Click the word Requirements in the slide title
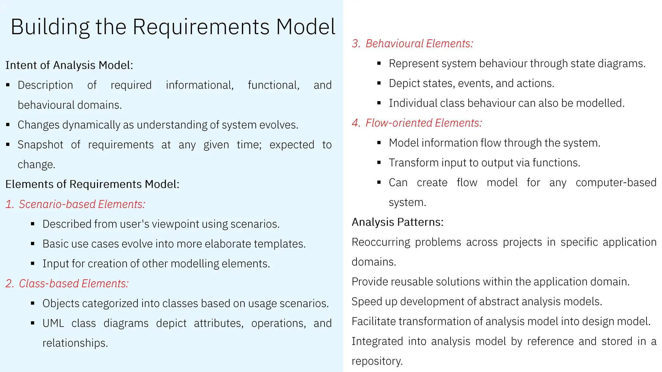coord(201,27)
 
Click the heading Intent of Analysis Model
coord(69,65)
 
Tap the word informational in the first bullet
coord(199,85)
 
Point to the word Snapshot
coord(40,145)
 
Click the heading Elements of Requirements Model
coord(92,184)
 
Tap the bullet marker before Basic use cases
coord(33,244)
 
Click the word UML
coord(53,323)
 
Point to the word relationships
coord(75,343)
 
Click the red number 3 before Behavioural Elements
coord(356,44)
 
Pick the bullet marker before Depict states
coord(379,83)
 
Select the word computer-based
coord(616,183)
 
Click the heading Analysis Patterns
coord(398,222)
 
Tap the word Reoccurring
coord(381,242)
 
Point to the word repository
coord(377,361)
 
